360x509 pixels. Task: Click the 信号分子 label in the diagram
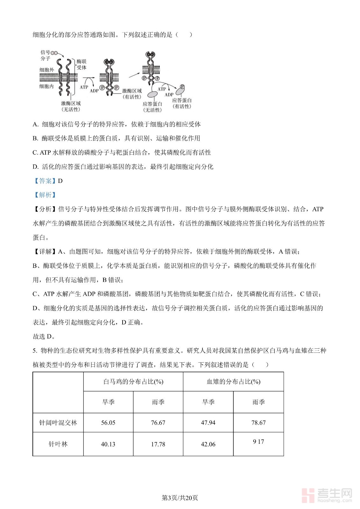tap(45, 55)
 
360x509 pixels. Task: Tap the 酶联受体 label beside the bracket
tap(81, 65)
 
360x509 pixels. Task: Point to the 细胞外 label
tap(46, 70)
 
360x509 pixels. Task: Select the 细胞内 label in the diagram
tap(46, 86)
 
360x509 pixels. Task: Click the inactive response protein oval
tap(152, 94)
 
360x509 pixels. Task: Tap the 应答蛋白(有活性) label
tap(182, 103)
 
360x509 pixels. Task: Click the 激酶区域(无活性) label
tap(71, 106)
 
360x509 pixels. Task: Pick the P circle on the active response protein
tap(182, 87)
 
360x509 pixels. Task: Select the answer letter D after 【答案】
tap(60, 181)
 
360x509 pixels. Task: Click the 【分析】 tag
tap(45, 209)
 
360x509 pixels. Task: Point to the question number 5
tap(35, 351)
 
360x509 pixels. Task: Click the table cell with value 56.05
tap(108, 423)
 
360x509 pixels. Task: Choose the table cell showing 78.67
tap(258, 423)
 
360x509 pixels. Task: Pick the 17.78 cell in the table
tap(158, 444)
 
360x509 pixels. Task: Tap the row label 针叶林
tap(58, 444)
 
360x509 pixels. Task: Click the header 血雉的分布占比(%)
tap(233, 382)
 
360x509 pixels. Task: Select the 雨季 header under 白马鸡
tap(158, 402)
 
